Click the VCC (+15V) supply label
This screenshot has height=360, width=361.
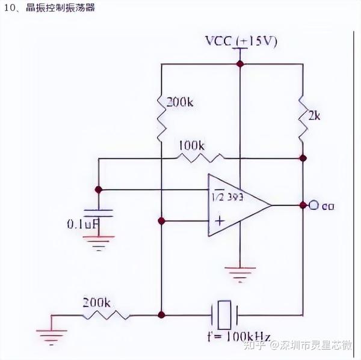pyautogui.click(x=241, y=41)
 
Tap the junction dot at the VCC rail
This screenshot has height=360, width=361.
pyautogui.click(x=239, y=63)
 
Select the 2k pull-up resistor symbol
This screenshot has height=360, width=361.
pyautogui.click(x=302, y=117)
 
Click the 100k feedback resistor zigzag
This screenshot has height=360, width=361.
pyautogui.click(x=199, y=158)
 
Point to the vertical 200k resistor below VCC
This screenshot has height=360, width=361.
pyautogui.click(x=161, y=117)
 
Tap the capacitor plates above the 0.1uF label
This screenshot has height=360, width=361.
pyautogui.click(x=99, y=212)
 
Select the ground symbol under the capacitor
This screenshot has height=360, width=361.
pyautogui.click(x=99, y=242)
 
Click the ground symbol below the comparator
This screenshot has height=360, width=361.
pyautogui.click(x=239, y=273)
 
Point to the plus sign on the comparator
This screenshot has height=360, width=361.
pyautogui.click(x=220, y=221)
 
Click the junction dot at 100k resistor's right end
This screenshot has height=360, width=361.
pyautogui.click(x=302, y=159)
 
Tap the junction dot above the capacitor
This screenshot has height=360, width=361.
pyautogui.click(x=99, y=189)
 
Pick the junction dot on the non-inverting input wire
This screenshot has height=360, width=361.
pyautogui.click(x=161, y=221)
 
